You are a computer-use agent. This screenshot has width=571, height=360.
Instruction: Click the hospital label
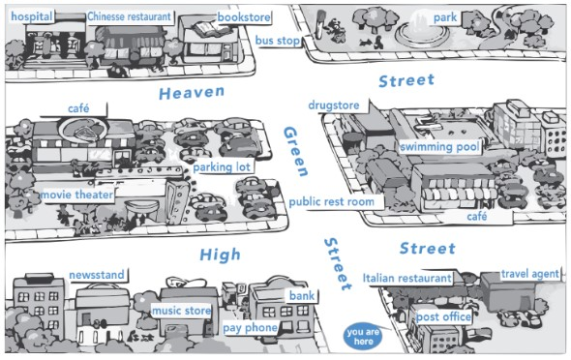click(31, 16)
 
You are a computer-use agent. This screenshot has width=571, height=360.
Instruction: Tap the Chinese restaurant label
click(129, 16)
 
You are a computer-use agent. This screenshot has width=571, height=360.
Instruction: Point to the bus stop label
click(277, 41)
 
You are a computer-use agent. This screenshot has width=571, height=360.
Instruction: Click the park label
click(445, 17)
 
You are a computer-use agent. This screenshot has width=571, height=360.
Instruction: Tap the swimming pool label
click(440, 147)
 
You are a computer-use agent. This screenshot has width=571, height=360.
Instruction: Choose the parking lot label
click(222, 167)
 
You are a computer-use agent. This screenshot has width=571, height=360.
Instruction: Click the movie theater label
click(76, 195)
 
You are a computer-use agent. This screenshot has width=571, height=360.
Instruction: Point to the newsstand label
click(96, 275)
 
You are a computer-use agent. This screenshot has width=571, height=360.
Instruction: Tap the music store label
click(180, 311)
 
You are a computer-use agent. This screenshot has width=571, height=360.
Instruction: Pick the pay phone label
click(250, 328)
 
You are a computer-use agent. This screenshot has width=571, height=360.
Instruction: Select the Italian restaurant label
click(407, 278)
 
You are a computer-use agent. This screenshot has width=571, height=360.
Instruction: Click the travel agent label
click(530, 275)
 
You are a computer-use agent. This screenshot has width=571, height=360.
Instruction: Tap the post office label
click(443, 316)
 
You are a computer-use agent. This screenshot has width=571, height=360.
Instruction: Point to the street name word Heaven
click(191, 93)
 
